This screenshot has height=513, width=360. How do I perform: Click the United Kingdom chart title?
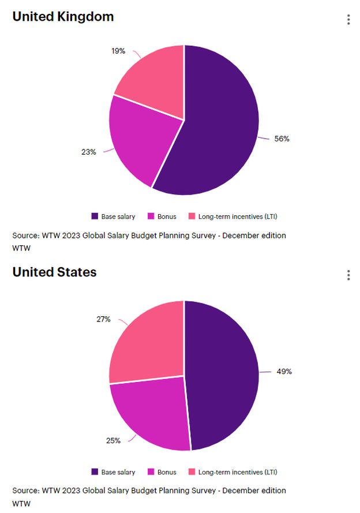[63, 17]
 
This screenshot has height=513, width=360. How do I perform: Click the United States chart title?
[54, 272]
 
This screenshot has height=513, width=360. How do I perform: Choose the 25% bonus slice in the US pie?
[150, 413]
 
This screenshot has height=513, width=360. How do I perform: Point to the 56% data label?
[282, 139]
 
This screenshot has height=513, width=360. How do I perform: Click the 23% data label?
[88, 152]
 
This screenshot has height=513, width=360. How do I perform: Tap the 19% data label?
[118, 51]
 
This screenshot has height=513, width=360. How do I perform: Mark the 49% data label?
[284, 372]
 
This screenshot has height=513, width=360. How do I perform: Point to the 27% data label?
[104, 319]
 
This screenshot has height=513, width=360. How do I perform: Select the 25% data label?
[113, 440]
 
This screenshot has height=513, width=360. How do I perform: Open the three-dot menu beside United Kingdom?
[348, 20]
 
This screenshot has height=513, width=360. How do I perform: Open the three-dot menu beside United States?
[348, 275]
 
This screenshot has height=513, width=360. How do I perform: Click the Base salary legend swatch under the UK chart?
[95, 216]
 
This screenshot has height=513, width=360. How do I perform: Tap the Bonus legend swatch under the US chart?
[151, 472]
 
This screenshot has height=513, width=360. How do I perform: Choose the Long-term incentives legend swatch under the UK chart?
[192, 216]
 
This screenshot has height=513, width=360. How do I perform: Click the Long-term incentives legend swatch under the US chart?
[192, 472]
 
